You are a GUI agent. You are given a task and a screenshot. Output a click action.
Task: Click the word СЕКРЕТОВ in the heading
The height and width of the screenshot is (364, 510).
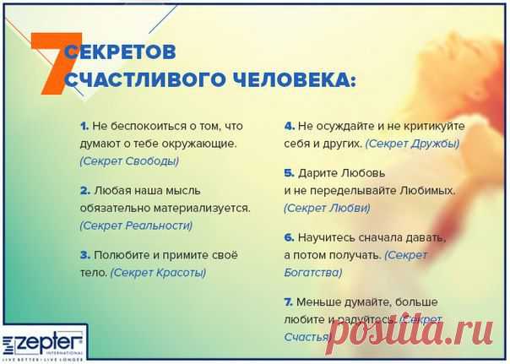click(120, 53)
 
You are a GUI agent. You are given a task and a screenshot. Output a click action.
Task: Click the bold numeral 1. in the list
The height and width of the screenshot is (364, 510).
click(84, 126)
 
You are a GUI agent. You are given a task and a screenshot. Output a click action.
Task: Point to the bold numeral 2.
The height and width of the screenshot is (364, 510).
click(85, 190)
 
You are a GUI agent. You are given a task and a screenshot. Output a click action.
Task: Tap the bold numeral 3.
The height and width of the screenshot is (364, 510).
click(85, 254)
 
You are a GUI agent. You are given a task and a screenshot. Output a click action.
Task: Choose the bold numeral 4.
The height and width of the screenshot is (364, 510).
click(289, 126)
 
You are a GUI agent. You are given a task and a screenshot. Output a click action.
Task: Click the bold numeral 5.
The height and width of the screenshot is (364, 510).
click(289, 174)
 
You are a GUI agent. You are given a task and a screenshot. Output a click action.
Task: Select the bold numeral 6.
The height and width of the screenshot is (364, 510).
click(289, 238)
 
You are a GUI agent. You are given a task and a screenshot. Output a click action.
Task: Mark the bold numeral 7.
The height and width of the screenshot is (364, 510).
click(289, 302)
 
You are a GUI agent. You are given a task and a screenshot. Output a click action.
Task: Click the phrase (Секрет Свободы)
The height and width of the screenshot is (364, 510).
click(129, 160)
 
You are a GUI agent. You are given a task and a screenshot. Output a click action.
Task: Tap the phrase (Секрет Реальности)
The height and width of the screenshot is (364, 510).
click(136, 225)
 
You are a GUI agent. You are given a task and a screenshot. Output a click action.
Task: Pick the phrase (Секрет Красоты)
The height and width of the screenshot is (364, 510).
click(158, 273)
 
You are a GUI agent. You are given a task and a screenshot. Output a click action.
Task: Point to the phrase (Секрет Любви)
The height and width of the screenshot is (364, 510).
click(327, 207)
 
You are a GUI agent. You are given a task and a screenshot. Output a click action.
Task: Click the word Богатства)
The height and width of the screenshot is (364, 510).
click(313, 272)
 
